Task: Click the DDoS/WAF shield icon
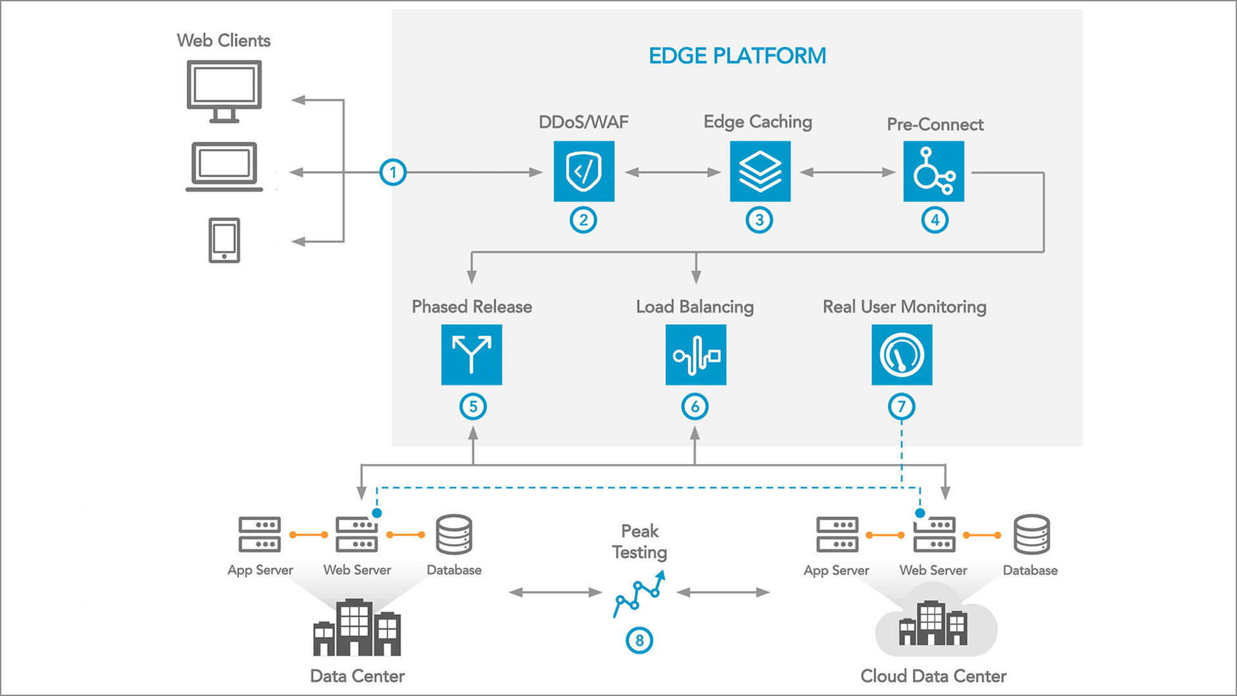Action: tap(584, 171)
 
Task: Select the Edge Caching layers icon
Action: tap(760, 171)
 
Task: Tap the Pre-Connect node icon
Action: tap(934, 171)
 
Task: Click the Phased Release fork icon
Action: tap(472, 354)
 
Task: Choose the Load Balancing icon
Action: tap(696, 354)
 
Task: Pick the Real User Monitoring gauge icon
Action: tap(901, 354)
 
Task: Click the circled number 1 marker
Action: tap(393, 172)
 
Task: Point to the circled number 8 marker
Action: tap(639, 641)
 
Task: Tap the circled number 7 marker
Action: tap(901, 407)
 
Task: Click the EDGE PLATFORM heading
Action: tap(737, 56)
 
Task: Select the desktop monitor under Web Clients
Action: tap(224, 91)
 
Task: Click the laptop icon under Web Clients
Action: tap(224, 167)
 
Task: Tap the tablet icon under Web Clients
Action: tap(224, 240)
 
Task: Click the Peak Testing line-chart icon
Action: tap(638, 594)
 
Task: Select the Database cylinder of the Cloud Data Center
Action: tap(1031, 534)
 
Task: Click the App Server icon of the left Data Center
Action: tap(260, 534)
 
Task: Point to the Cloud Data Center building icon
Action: tap(934, 623)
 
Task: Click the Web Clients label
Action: tap(224, 41)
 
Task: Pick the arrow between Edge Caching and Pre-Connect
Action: tap(847, 172)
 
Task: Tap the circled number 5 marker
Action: tap(473, 407)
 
